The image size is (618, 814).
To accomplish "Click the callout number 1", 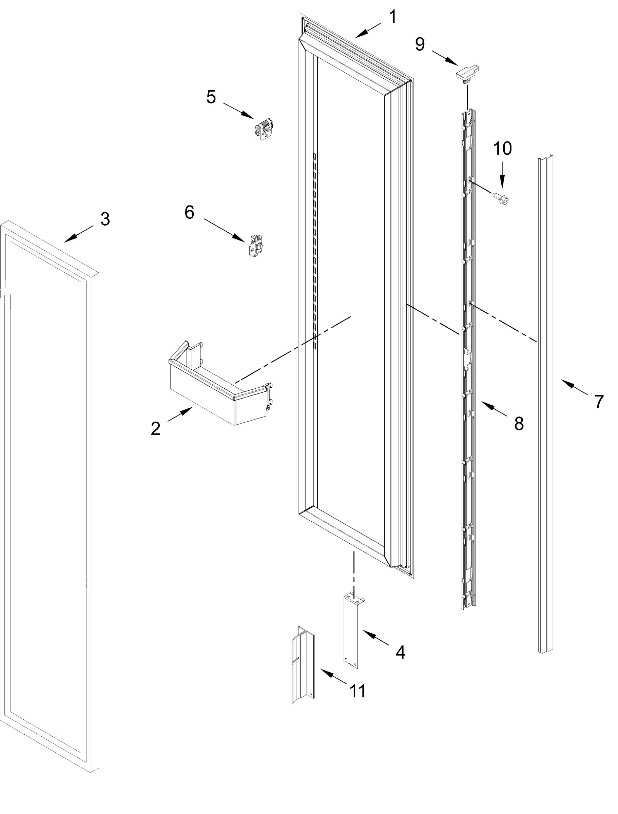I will coord(393,17).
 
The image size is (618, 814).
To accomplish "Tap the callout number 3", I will coord(105,219).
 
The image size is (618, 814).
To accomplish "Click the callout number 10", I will coord(502,148).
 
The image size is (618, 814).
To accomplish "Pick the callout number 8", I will coord(519,424).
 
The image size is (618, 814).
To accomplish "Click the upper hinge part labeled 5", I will coord(265,129).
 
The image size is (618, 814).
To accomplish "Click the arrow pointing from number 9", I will coord(444,58).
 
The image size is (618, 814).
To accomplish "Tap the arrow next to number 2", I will coord(181,414).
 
